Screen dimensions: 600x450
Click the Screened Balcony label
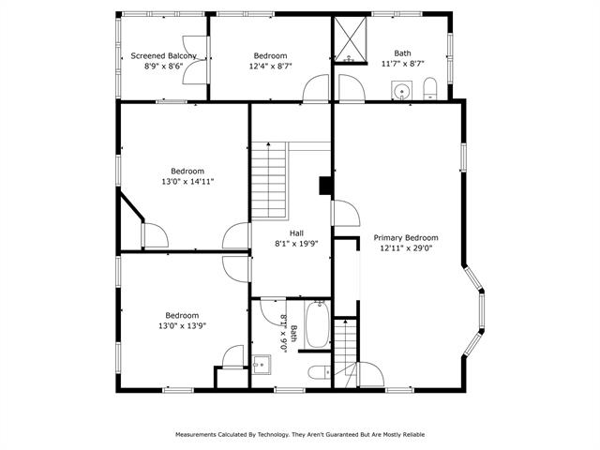pos(164,56)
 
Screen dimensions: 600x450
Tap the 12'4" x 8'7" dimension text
pos(271,66)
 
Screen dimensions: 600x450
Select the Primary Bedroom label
pos(406,237)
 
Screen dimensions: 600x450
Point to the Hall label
pos(296,233)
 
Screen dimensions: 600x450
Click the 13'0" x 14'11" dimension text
pos(187,181)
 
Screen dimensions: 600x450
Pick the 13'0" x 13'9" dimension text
pos(182,326)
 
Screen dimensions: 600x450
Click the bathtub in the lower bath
pos(317,324)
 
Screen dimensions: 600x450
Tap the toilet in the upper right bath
pos(430,88)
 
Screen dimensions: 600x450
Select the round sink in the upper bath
pos(402,91)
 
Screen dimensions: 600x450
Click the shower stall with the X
pos(351,39)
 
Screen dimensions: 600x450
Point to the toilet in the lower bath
pos(320,372)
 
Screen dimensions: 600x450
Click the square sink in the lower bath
pos(262,365)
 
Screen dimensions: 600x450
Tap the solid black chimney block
pos(325,186)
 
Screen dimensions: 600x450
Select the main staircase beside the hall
pos(269,180)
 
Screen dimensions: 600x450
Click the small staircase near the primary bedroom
pos(346,352)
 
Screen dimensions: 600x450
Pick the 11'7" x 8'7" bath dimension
pos(403,64)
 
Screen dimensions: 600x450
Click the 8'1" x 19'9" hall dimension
pos(296,244)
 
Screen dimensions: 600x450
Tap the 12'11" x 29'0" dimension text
pos(406,247)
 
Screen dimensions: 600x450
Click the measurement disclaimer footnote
pos(300,434)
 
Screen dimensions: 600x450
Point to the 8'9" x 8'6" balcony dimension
pos(164,66)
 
